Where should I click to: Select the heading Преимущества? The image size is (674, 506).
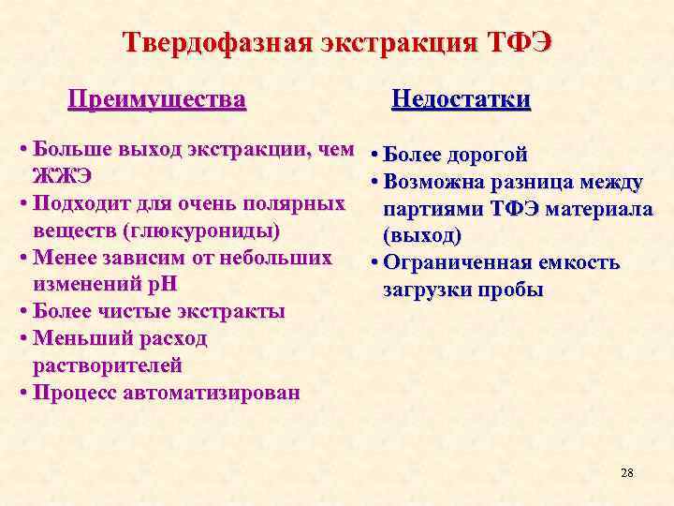pyautogui.click(x=158, y=98)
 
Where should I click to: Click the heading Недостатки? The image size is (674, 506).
pyautogui.click(x=461, y=99)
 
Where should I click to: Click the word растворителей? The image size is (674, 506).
pyautogui.click(x=108, y=365)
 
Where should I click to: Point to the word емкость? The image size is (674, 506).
pyautogui.click(x=577, y=262)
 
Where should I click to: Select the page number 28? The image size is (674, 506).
pyautogui.click(x=627, y=472)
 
